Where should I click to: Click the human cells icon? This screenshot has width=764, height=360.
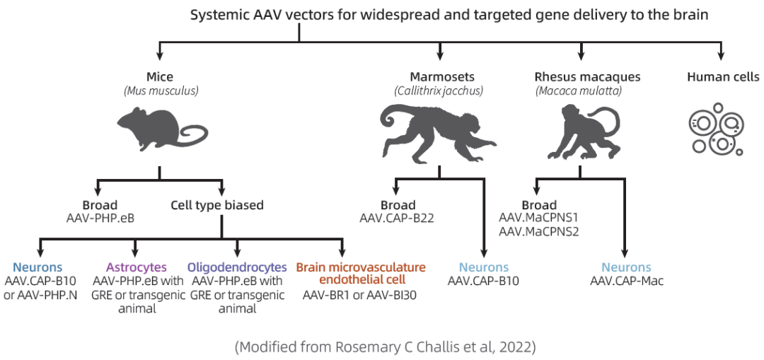coord(715,129)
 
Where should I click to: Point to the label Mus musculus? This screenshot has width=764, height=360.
coord(161,91)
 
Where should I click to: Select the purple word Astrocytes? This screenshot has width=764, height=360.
coord(137,267)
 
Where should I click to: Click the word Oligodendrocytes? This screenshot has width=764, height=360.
coord(237,267)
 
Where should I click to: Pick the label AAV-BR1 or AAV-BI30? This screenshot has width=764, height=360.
coord(360,295)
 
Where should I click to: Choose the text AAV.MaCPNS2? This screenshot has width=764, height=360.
coord(539,231)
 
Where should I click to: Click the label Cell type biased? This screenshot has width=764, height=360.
coord(217,206)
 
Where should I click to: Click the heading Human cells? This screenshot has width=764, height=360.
coord(723,77)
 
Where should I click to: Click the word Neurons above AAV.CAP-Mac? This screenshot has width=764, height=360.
coord(626,267)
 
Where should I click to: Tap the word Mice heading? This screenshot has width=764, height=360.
coord(159,77)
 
